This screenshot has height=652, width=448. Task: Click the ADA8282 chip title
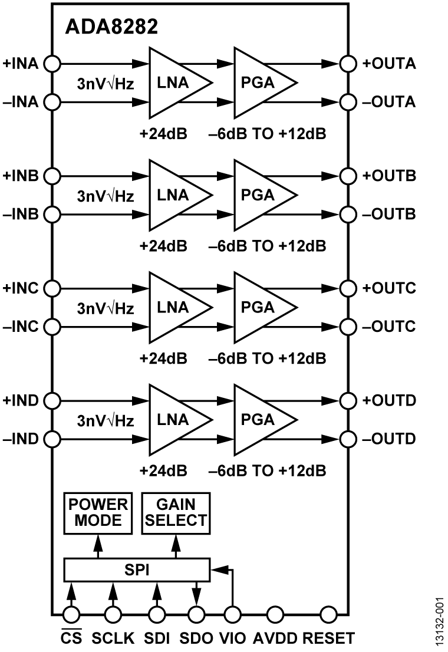111,27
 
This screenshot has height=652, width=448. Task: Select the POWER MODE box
98,512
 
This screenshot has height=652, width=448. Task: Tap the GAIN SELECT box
176,512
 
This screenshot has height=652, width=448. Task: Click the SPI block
136,570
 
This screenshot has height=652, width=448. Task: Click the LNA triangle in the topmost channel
175,83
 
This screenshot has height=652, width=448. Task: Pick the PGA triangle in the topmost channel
259,83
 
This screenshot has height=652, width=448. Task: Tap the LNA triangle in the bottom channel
175,420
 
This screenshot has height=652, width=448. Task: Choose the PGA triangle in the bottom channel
259,420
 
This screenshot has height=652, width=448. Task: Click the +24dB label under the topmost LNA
163,133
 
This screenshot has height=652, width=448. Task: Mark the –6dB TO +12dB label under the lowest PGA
267,470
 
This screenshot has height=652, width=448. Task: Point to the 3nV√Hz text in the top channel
106,84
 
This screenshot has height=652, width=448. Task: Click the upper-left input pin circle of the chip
53,64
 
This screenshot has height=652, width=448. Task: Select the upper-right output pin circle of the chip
348,64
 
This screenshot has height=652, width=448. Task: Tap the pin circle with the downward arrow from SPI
197,615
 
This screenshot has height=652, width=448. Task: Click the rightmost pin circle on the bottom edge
328,615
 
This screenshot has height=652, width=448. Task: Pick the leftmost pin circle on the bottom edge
71,615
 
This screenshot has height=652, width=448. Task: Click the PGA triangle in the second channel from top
259,195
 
